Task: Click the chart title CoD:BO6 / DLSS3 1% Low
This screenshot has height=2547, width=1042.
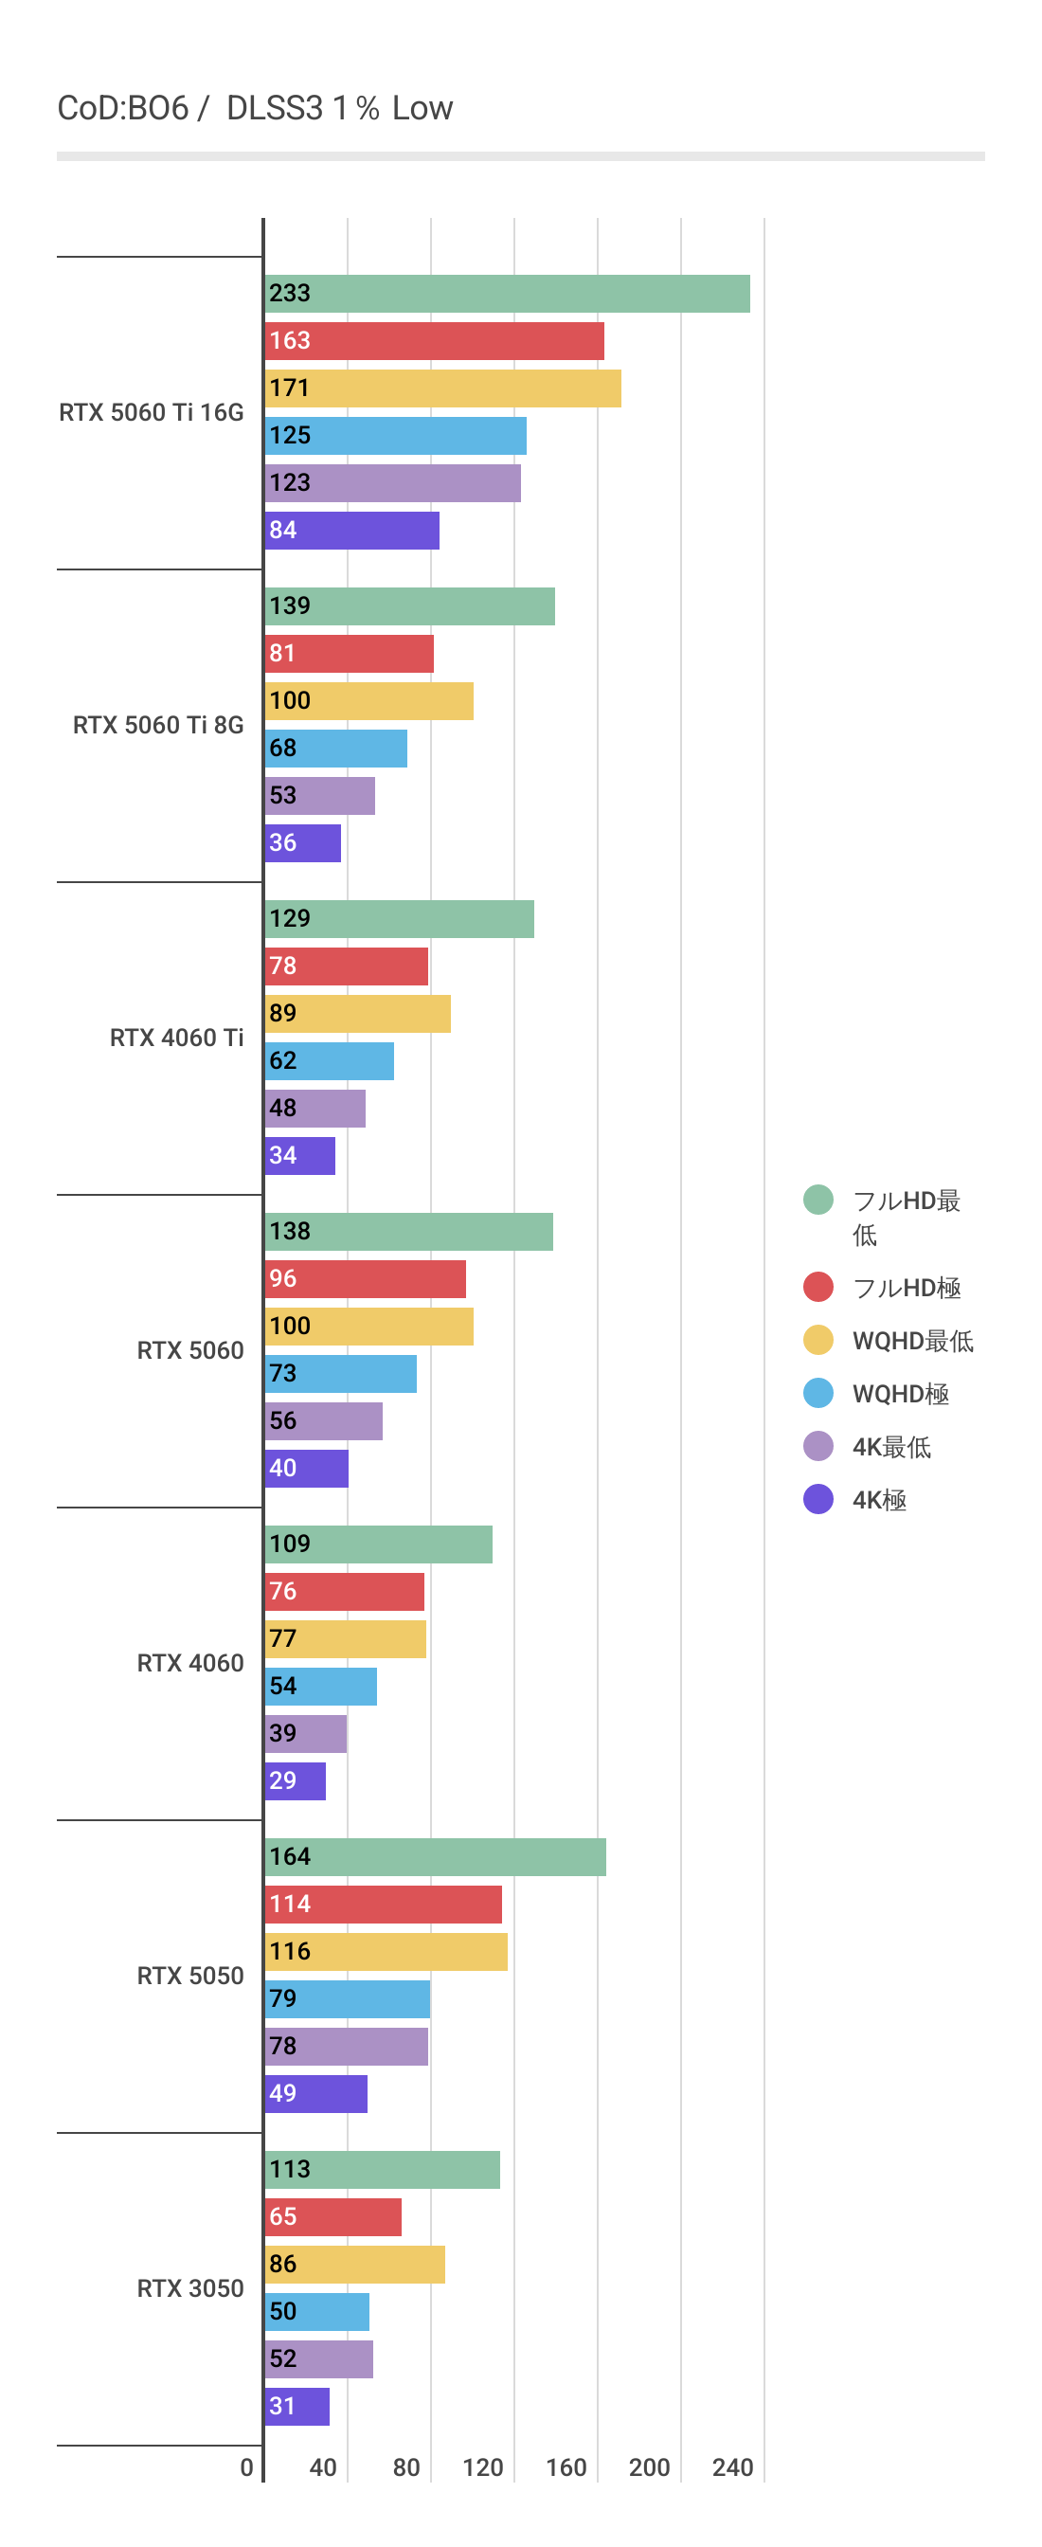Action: coord(255,108)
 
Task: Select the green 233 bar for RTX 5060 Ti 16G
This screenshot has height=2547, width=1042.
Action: coord(507,294)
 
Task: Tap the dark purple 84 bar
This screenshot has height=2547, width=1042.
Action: coord(352,531)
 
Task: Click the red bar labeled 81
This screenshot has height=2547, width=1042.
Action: coord(349,654)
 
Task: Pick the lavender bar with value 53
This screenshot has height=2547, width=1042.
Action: coord(319,796)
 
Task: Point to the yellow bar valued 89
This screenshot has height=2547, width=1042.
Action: coord(357,1014)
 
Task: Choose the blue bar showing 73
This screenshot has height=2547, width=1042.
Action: coord(340,1373)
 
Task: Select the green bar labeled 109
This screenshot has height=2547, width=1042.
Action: coord(378,1544)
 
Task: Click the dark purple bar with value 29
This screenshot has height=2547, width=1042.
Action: coord(295,1780)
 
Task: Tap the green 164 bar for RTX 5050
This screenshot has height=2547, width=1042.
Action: coord(435,1857)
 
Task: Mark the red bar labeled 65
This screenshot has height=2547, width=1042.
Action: coord(332,2216)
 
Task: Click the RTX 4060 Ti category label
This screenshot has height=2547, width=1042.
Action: coord(176,1038)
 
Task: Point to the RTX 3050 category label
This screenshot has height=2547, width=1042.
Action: coord(189,2288)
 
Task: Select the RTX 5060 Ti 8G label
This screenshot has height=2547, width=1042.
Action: coord(158,725)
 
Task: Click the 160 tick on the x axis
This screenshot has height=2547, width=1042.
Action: coord(566,2468)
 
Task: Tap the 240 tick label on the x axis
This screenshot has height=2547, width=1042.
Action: coord(732,2468)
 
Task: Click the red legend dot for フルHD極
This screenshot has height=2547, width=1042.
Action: coord(817,1288)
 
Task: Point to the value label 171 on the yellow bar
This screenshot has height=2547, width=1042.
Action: coord(290,388)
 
